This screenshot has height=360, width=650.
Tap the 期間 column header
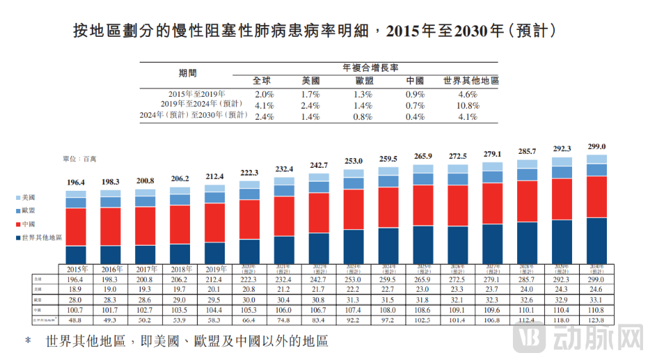tap(187, 72)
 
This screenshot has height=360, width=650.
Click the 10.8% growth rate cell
tap(468, 105)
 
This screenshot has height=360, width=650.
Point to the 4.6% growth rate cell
tap(468, 93)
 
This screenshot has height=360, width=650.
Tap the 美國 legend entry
tap(29, 198)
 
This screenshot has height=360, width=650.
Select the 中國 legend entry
tap(29, 224)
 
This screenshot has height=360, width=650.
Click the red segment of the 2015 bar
tap(76, 226)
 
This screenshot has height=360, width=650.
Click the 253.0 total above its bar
tap(354, 161)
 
